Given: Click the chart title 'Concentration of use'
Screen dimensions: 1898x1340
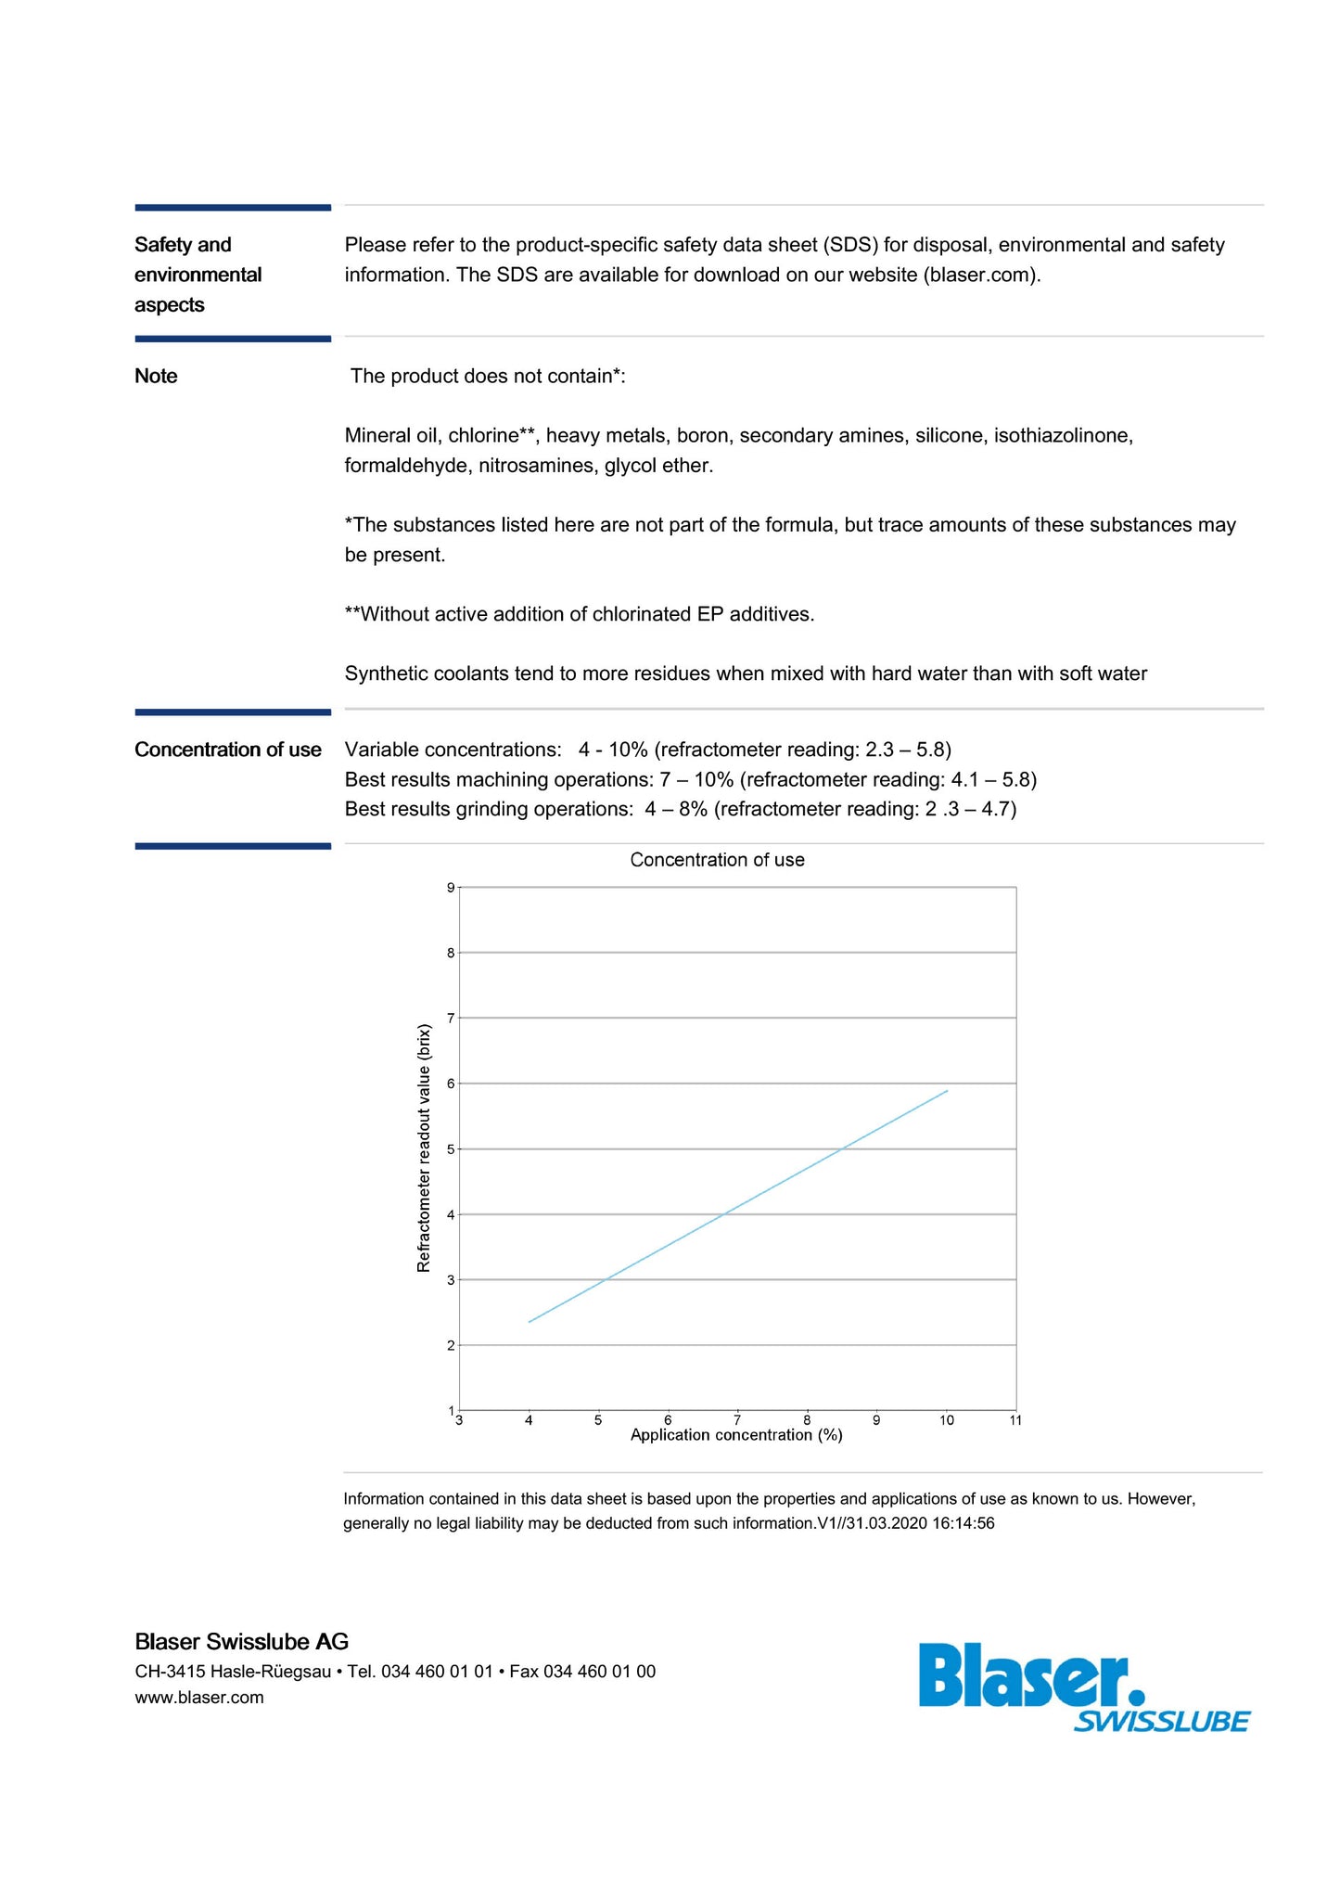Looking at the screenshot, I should point(717,860).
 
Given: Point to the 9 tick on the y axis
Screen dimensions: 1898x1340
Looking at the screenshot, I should point(451,888).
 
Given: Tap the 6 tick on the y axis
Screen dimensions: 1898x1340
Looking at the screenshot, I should point(451,1084).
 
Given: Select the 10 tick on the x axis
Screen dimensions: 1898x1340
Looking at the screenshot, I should point(946,1419).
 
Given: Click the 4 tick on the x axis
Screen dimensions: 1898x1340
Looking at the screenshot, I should point(529,1419).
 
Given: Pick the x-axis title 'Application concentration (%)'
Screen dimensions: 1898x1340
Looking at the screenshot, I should point(736,1435).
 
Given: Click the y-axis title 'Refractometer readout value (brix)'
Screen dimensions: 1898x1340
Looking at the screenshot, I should point(424,1148).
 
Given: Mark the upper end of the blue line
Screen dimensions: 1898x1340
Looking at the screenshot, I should point(947,1091).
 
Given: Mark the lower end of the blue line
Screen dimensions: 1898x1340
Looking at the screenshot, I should point(529,1322).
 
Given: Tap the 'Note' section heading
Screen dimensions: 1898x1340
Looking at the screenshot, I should point(156,376).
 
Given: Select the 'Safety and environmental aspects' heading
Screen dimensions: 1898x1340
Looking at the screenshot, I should point(198,275).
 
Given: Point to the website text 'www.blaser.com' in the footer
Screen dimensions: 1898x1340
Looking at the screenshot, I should point(199,1698).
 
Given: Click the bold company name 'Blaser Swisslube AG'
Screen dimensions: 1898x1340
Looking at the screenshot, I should point(241,1641).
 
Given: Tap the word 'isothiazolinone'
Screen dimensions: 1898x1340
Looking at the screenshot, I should point(1063,436).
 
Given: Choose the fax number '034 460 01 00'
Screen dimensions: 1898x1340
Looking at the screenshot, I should point(599,1672).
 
